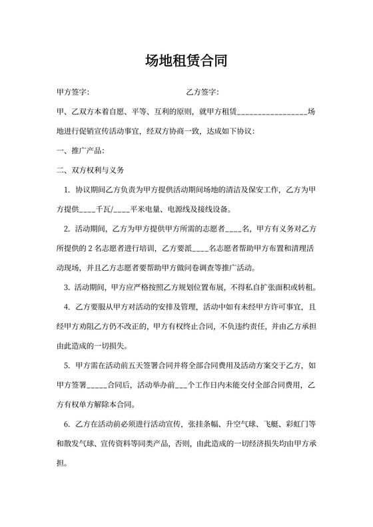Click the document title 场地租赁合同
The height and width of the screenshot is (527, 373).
point(186,62)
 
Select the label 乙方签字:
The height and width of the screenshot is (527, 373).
point(202,92)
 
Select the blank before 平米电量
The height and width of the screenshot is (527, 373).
point(121,210)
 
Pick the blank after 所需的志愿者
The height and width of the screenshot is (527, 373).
point(234,230)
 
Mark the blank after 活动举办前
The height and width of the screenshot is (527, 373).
point(181,385)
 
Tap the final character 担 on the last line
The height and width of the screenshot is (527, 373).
point(61,464)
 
